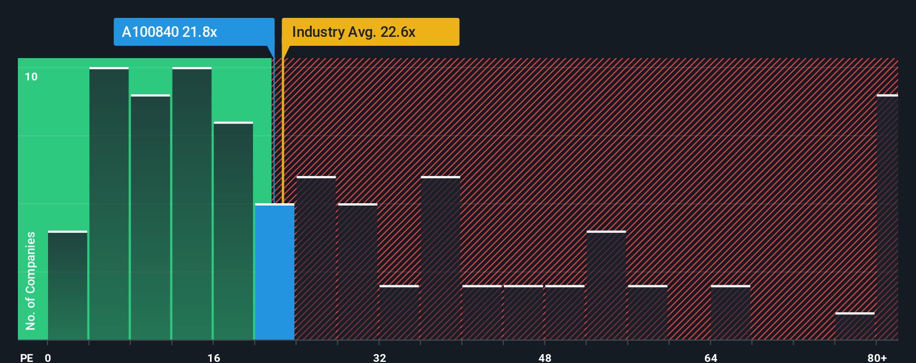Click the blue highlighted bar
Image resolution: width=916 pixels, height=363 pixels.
[275, 272]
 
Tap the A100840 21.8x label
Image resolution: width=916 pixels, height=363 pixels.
[169, 32]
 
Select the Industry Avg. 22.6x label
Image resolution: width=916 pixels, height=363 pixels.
[354, 32]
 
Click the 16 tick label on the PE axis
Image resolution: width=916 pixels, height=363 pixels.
[213, 358]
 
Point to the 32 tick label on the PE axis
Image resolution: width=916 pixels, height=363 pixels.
[379, 358]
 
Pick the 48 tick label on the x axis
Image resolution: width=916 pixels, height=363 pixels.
[545, 358]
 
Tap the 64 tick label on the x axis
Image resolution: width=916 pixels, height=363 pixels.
[710, 358]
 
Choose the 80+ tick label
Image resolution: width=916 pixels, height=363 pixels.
[877, 358]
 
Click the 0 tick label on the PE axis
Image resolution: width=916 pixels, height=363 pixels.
[48, 358]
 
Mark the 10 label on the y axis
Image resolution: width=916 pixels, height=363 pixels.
[31, 77]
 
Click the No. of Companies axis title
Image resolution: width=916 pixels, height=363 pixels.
[31, 280]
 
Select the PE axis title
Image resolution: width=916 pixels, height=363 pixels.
[26, 358]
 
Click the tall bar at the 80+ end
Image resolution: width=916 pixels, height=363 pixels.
[887, 218]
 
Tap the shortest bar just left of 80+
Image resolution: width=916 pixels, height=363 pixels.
[855, 326]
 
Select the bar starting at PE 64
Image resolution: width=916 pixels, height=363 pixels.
[731, 313]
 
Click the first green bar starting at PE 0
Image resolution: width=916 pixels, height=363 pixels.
[68, 285]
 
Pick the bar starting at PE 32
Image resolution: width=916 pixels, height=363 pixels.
[399, 313]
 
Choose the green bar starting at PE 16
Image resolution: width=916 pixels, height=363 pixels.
[233, 231]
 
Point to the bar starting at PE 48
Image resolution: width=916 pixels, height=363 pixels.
[565, 313]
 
